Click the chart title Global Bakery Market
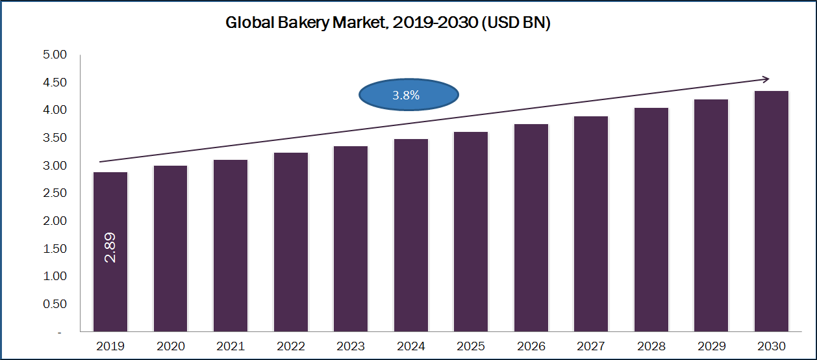[x=388, y=23]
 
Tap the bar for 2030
[x=772, y=211]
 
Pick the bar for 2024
[x=410, y=235]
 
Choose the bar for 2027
[x=591, y=224]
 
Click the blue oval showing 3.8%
[x=409, y=96]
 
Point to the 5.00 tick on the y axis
[x=55, y=55]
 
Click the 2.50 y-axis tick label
[x=55, y=194]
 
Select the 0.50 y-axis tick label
[x=55, y=304]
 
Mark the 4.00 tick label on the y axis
[x=55, y=110]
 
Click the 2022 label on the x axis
[x=291, y=346]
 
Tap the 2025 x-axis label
[x=471, y=346]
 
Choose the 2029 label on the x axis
[x=711, y=346]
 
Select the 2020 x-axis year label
[x=170, y=346]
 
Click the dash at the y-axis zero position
[x=60, y=332]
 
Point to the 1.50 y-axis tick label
[x=55, y=249]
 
